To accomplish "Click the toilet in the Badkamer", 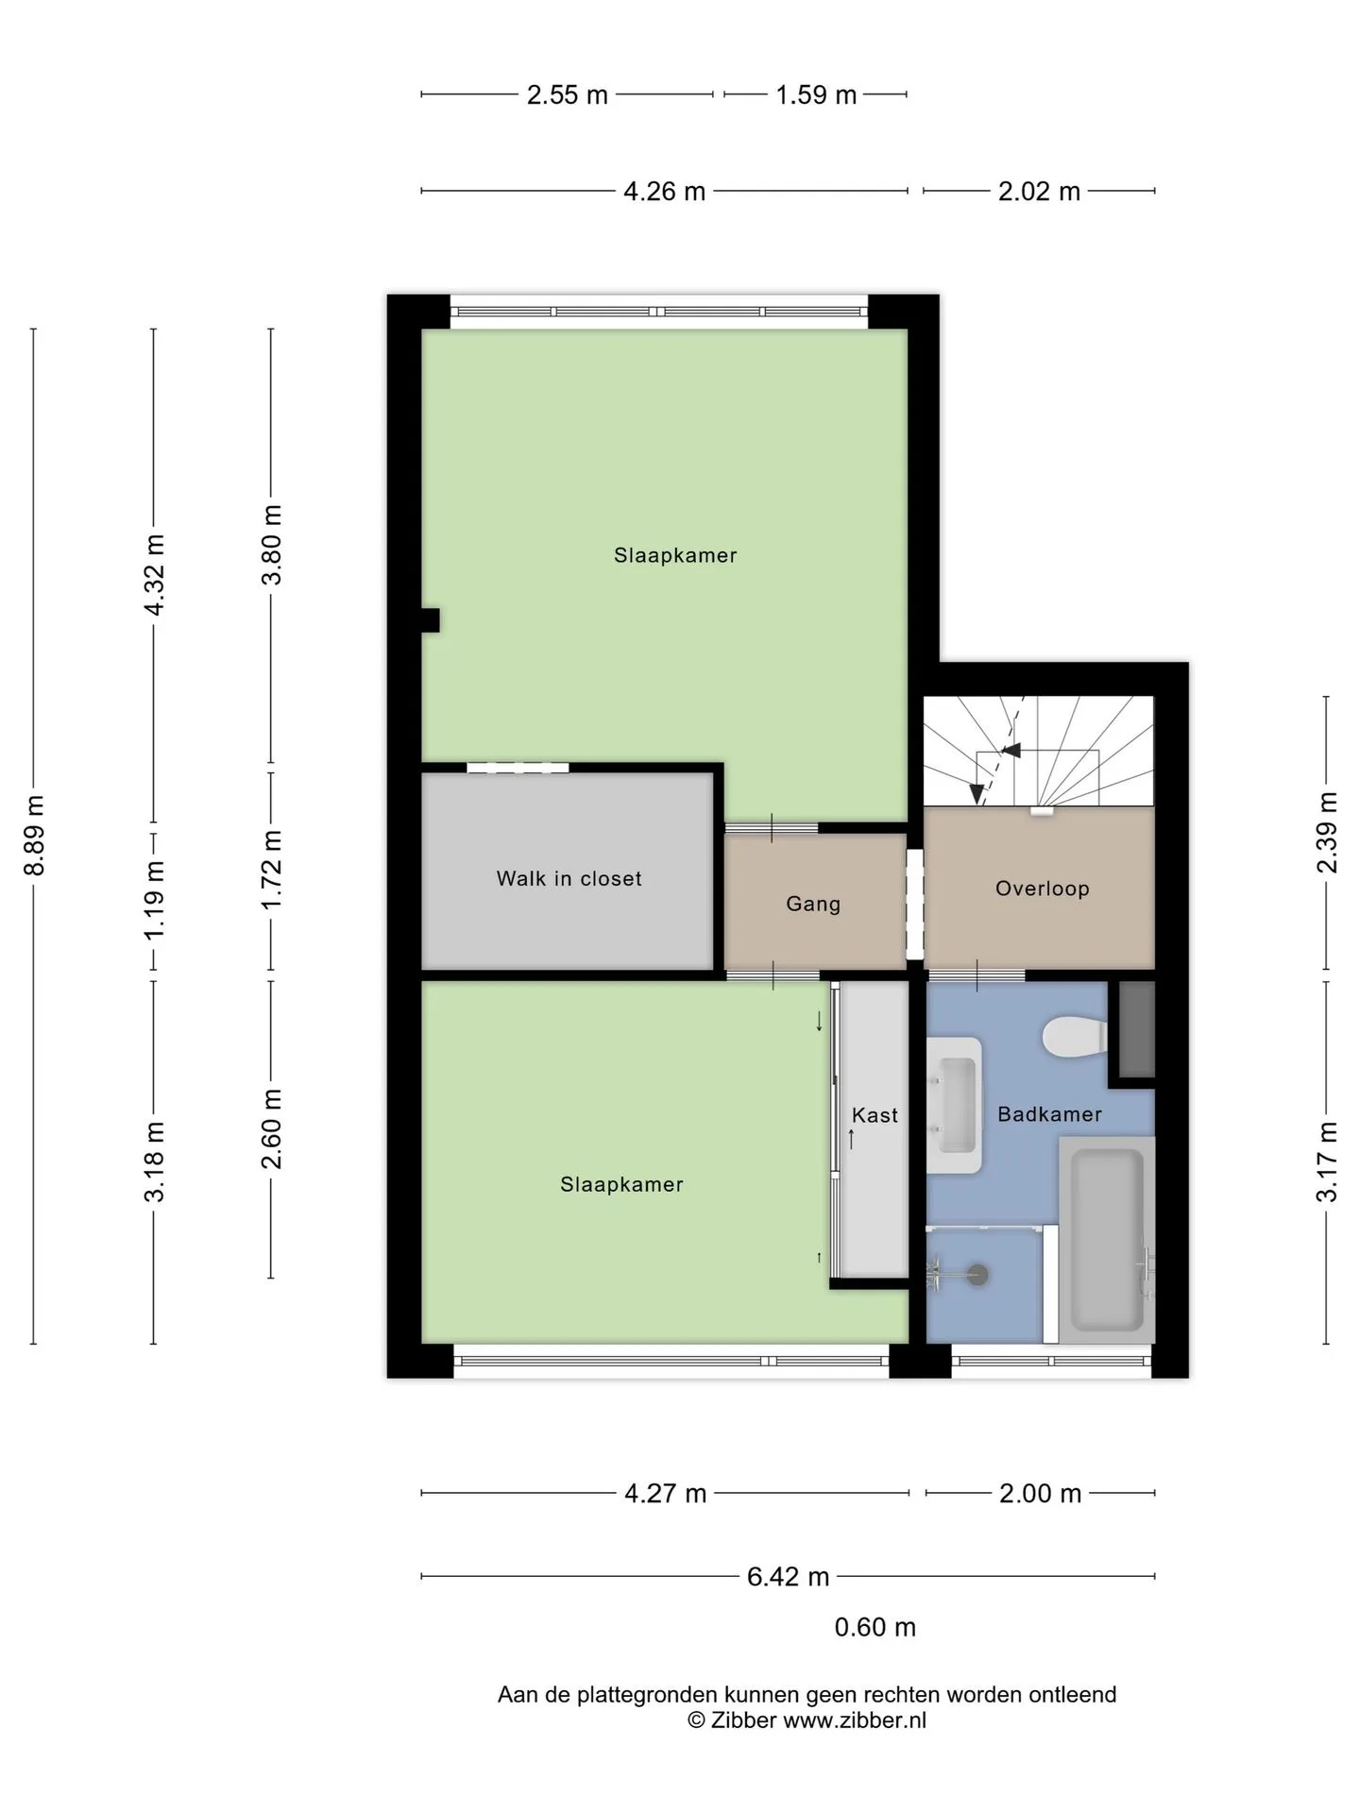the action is click(x=1075, y=1038).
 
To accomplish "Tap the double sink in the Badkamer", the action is click(x=954, y=1106).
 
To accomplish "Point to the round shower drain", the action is click(x=978, y=1275).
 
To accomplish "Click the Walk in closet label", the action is click(x=569, y=879).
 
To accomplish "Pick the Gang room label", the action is click(x=813, y=905).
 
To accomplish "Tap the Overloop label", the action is click(x=1043, y=889).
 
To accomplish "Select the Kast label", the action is click(x=875, y=1115).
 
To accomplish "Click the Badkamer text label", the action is click(x=1049, y=1114).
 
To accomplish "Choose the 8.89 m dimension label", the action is click(x=34, y=836).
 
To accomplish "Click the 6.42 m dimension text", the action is click(x=789, y=1576).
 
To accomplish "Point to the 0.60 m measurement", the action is click(x=875, y=1627).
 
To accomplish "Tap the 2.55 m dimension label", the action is click(x=568, y=94).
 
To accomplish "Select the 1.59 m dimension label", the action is click(x=816, y=94).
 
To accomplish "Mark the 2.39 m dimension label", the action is click(x=1327, y=833).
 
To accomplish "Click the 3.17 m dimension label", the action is click(x=1327, y=1161).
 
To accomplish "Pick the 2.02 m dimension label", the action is click(x=1039, y=192).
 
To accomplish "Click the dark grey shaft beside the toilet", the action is click(x=1136, y=1030).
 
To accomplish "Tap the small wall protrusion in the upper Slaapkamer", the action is click(x=431, y=620).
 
